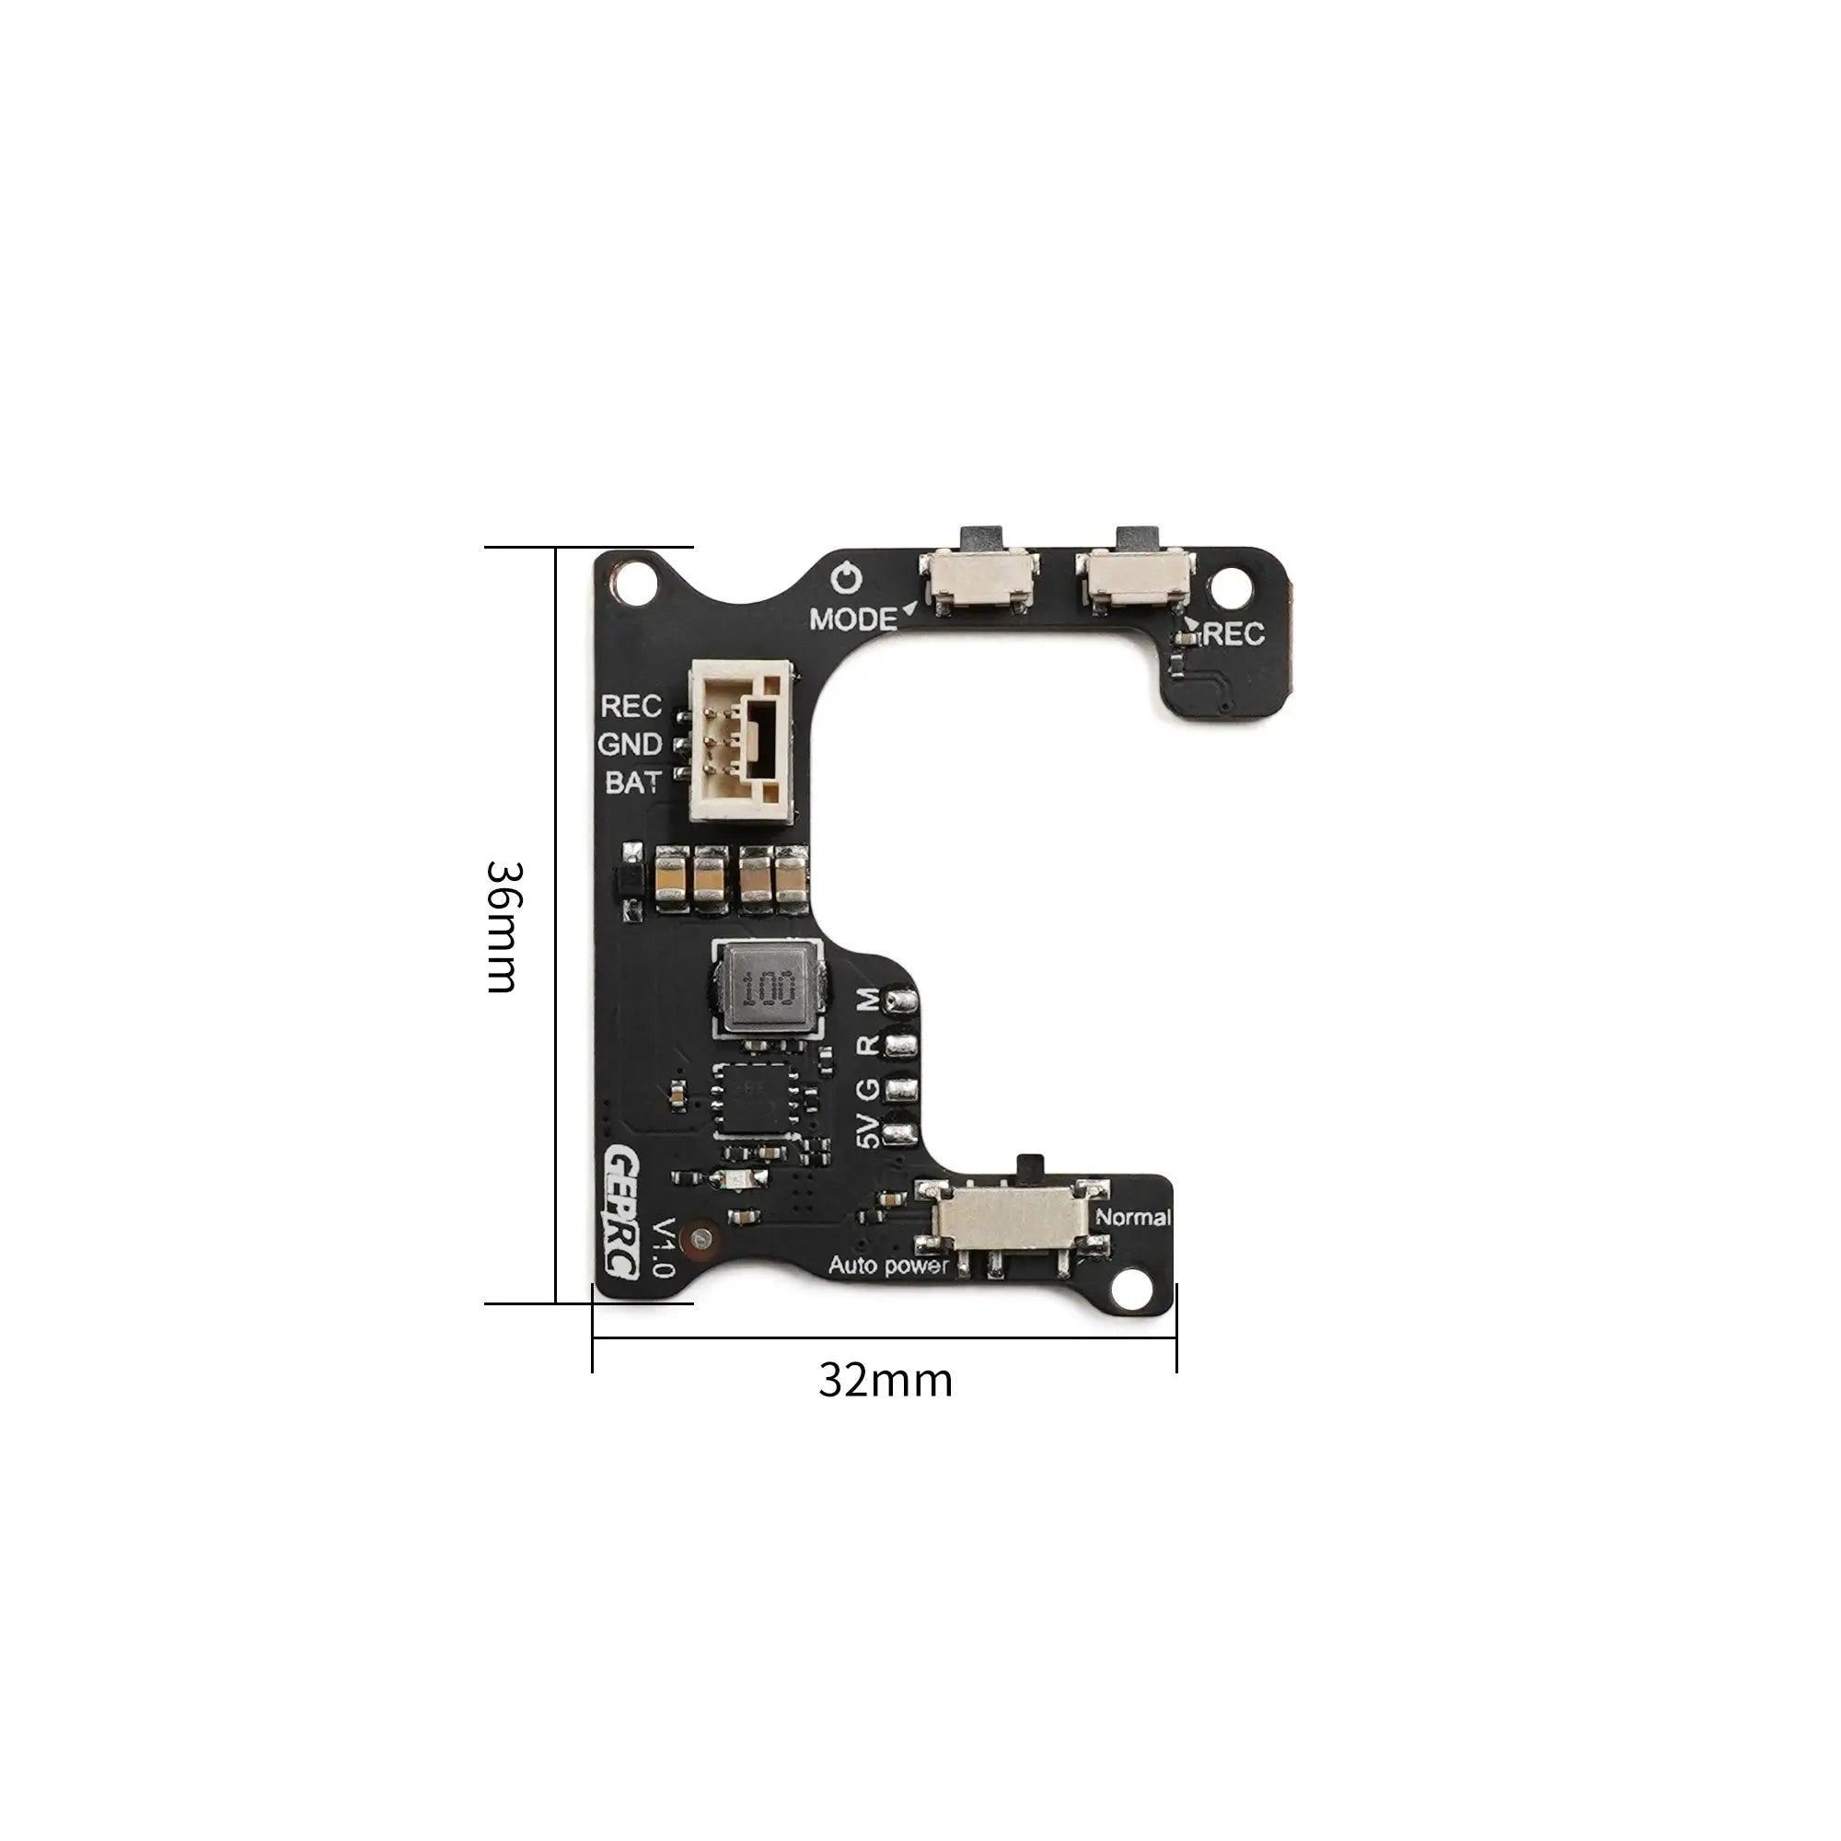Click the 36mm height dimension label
point(502,927)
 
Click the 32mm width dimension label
point(886,1381)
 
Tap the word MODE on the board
point(853,619)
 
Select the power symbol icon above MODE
point(846,578)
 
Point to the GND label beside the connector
point(629,743)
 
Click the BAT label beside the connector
point(631,782)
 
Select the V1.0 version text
point(661,1246)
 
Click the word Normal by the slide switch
point(1133,1217)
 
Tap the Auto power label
point(888,1266)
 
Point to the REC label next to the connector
point(630,706)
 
